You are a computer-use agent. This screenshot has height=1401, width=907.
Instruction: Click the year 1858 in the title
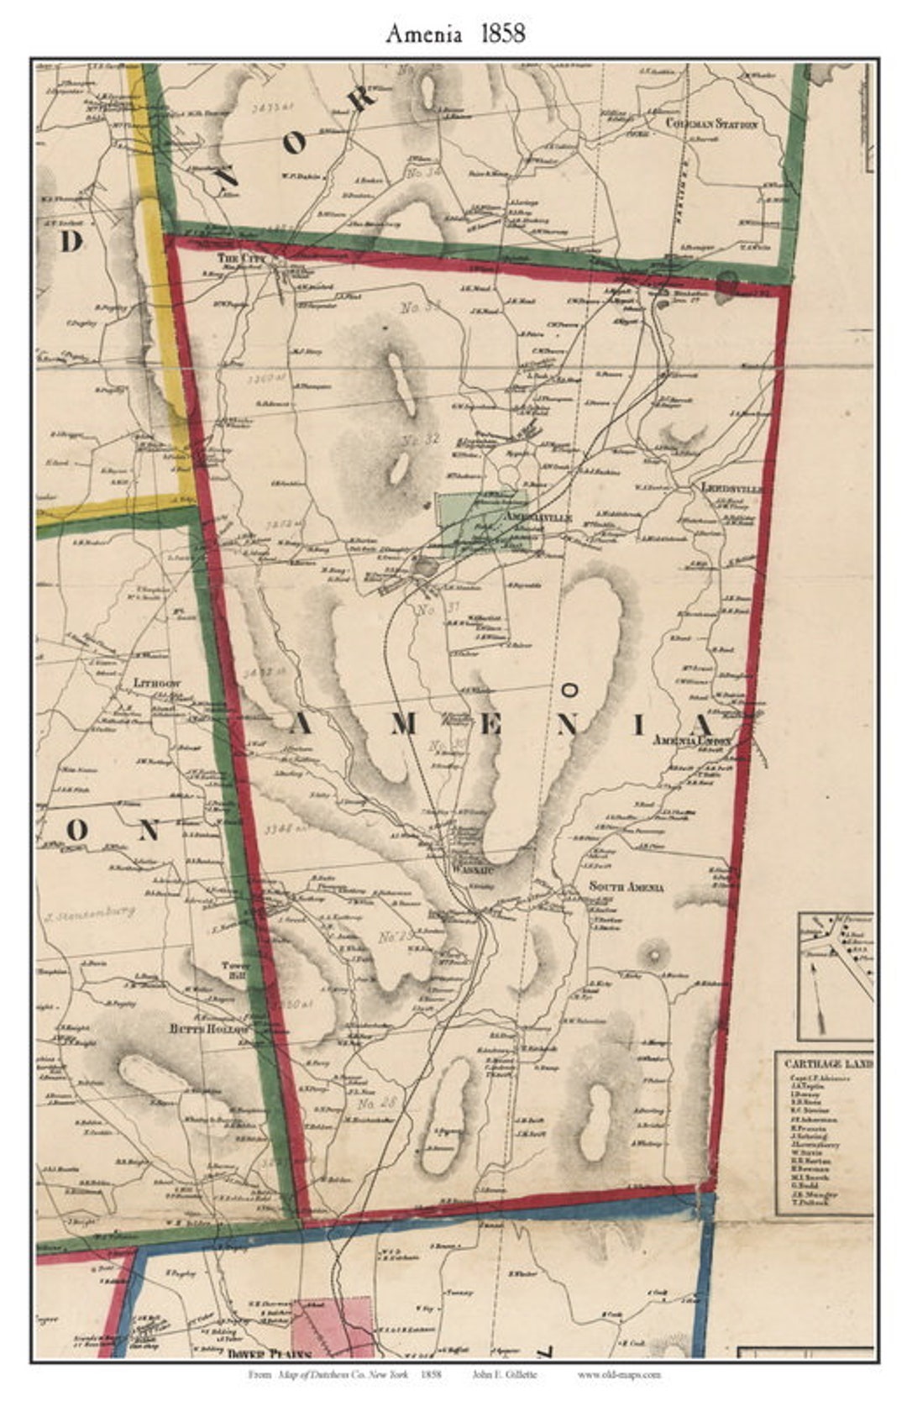point(503,33)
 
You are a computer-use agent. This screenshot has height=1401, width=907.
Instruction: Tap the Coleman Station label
point(711,124)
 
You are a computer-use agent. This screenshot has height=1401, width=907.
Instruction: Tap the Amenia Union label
point(692,742)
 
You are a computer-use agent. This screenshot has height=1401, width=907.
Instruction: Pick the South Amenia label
point(627,887)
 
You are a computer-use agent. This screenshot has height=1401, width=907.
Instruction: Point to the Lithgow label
point(157,684)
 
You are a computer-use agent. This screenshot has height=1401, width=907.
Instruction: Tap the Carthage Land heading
point(827,1063)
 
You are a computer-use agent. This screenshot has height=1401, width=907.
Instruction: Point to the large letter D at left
point(71,242)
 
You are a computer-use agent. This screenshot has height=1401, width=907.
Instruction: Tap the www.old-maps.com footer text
point(619,1374)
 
